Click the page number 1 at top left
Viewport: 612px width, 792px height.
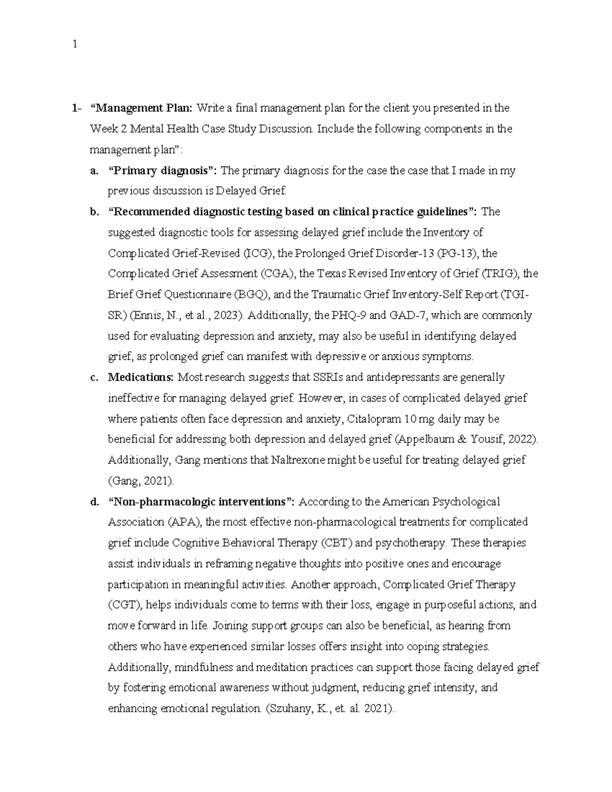click(x=75, y=44)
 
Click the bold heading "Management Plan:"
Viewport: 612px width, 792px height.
click(x=141, y=108)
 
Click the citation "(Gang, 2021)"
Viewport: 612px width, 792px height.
click(x=141, y=481)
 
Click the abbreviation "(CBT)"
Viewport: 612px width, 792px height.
click(x=336, y=543)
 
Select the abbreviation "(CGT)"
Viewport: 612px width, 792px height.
click(x=125, y=605)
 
